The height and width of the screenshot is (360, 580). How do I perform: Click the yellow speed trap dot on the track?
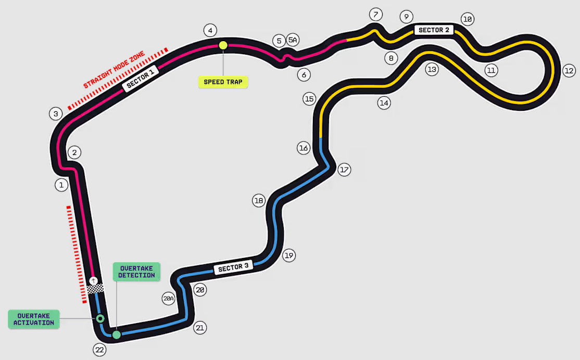click(223, 45)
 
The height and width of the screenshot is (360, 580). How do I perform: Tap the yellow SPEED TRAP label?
click(223, 82)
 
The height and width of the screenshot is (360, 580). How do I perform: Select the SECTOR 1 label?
click(141, 79)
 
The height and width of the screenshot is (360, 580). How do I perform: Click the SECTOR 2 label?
click(434, 30)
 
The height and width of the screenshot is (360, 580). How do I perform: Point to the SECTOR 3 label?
click(233, 267)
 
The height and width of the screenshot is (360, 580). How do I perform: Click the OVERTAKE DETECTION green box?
click(136, 272)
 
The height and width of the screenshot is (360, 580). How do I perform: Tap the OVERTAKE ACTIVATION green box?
click(34, 319)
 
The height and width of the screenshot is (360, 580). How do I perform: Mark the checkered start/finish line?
click(95, 289)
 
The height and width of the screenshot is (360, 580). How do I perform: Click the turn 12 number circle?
click(569, 71)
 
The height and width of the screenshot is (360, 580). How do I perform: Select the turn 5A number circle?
click(293, 40)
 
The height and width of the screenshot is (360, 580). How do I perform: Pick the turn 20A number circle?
click(169, 298)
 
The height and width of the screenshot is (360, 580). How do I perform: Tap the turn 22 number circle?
click(99, 350)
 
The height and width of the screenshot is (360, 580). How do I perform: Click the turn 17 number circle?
click(344, 170)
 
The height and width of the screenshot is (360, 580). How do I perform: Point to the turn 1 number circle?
click(61, 185)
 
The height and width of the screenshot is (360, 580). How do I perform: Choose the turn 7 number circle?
click(376, 15)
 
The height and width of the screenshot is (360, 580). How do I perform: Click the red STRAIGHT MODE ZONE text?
click(114, 70)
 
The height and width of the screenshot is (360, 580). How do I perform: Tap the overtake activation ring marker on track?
click(100, 318)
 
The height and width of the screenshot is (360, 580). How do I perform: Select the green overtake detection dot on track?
click(117, 335)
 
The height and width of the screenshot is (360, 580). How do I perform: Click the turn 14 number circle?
click(384, 103)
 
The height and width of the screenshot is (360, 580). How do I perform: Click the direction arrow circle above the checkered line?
click(94, 281)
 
